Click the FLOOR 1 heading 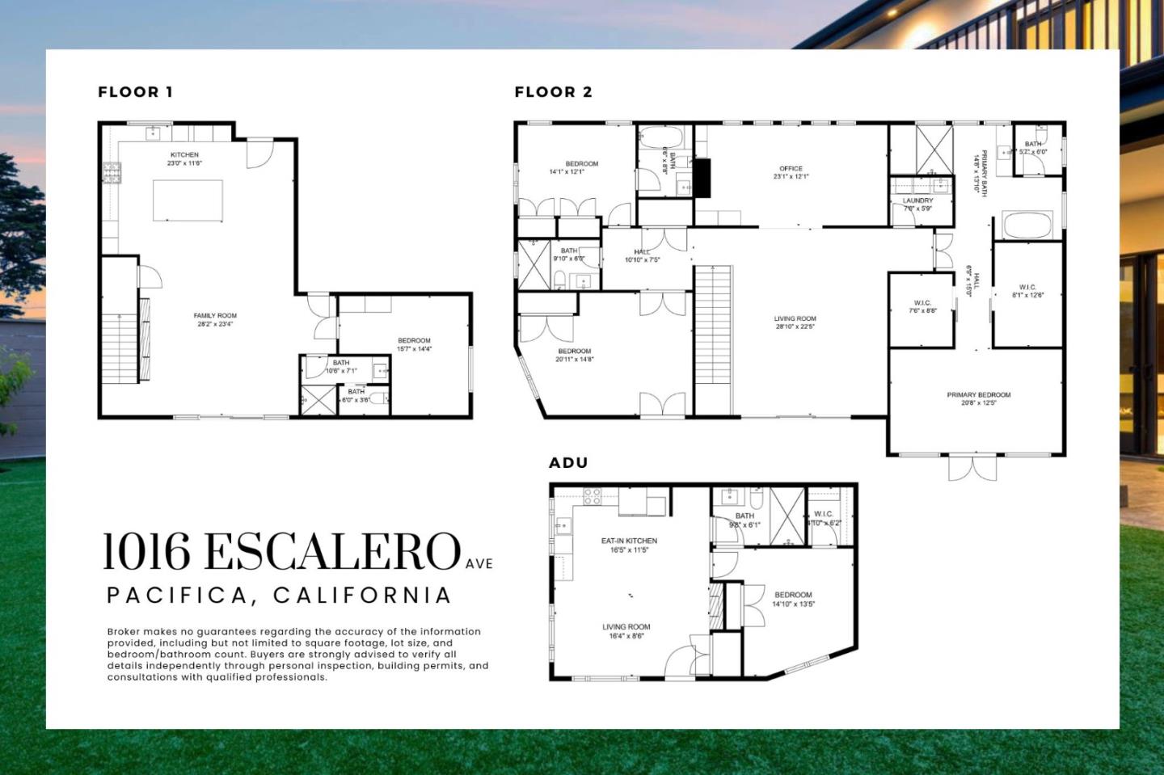[x=135, y=92]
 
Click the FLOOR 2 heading [x=553, y=92]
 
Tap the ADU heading [x=568, y=463]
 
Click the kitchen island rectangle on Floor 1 [x=188, y=200]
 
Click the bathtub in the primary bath [x=1027, y=225]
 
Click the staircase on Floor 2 [x=714, y=339]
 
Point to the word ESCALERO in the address [x=331, y=552]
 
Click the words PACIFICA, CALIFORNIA [x=279, y=596]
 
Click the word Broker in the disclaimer [x=124, y=632]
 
